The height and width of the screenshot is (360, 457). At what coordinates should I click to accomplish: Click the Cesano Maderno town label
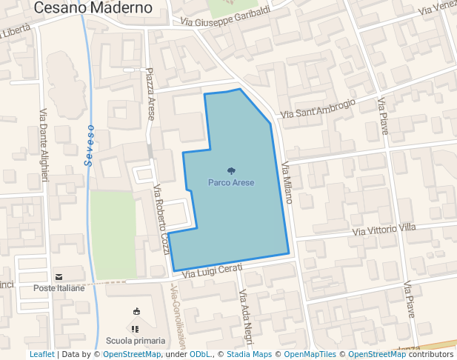[93, 8]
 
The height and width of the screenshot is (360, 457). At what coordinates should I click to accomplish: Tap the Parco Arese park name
[231, 182]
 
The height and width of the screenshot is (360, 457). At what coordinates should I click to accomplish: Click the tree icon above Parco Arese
[231, 171]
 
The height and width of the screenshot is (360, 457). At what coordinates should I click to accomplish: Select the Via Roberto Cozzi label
[160, 219]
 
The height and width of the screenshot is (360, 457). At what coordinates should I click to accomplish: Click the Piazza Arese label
[151, 94]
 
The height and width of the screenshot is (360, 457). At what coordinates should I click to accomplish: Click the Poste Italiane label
[59, 287]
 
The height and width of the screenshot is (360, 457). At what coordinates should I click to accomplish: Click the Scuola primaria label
[136, 340]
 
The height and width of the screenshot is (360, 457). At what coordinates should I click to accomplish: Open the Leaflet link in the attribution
[41, 355]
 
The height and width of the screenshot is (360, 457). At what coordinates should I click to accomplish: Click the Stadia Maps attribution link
[250, 355]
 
